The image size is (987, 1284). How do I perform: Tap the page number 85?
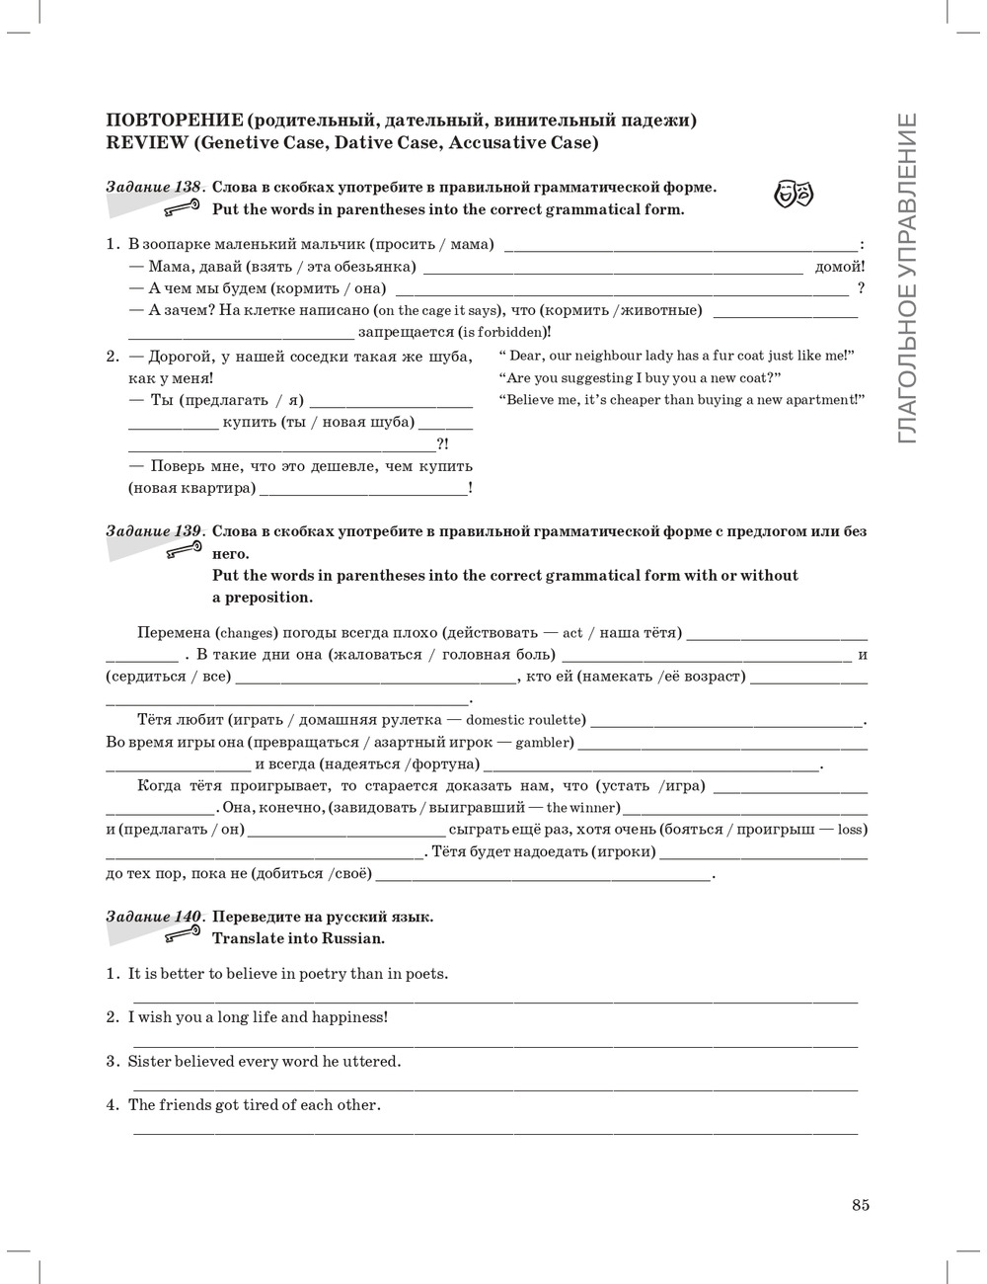tap(860, 1204)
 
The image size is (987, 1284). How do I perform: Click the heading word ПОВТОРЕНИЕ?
tap(174, 120)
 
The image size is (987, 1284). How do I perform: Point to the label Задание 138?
tap(153, 187)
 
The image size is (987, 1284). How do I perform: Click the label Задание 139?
tap(153, 531)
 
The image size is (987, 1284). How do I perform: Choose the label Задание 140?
tap(153, 917)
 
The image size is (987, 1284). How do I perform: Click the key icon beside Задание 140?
tap(185, 933)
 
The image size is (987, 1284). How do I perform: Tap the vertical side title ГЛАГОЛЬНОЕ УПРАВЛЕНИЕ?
tap(907, 278)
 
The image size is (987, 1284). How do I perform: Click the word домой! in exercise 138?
tap(840, 267)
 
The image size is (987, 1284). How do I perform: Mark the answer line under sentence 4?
tap(494, 1133)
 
